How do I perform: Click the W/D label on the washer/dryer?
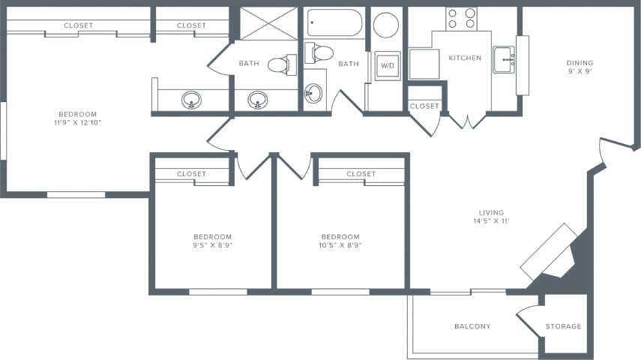pos(388,65)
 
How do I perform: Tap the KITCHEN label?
pos(465,58)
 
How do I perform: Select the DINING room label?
pos(580,63)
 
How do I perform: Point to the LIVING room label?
pos(491,213)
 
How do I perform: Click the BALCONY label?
pos(472,326)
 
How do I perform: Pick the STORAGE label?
pos(563,326)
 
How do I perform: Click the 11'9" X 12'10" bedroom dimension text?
pos(78,123)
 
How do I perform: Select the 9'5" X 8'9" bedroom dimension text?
pos(213,245)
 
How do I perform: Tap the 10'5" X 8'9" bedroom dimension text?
pos(340,245)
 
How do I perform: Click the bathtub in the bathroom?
pos(335,23)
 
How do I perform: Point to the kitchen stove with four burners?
pos(461,19)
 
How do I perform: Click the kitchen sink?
pos(504,60)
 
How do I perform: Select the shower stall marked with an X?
pos(268,23)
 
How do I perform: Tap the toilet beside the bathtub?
pos(319,53)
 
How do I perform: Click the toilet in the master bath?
pos(282,64)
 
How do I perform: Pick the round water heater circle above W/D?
pos(386,25)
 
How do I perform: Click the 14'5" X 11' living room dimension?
pos(491,221)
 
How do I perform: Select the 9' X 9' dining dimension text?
pos(580,71)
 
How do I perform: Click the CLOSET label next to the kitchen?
pos(424,106)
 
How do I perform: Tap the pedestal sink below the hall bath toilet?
pos(313,93)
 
